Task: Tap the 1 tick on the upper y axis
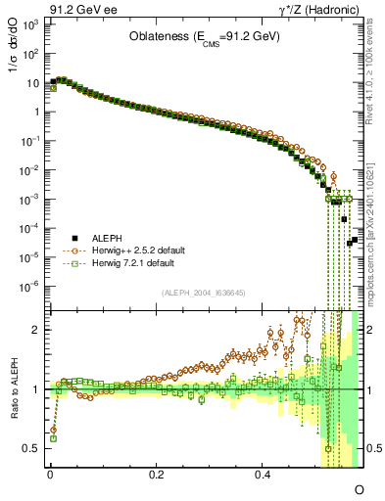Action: pos(35,111)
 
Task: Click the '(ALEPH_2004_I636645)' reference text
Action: pos(203,292)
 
